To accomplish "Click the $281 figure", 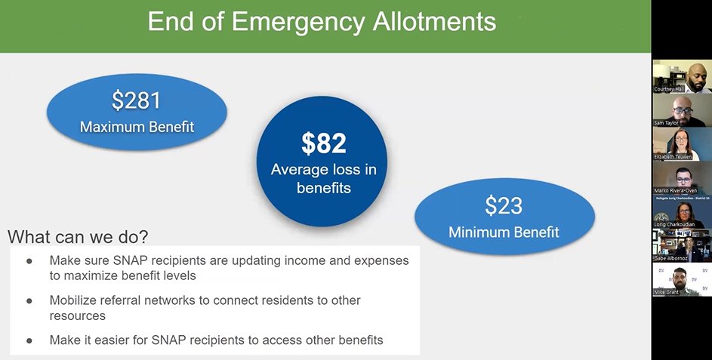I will coord(137,100).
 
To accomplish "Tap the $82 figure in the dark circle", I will coord(323,143).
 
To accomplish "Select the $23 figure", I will coord(504,205).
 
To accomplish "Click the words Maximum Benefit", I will coord(137,126).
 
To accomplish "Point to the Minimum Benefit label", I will coord(504,231).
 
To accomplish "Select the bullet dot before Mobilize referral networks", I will coord(30,300).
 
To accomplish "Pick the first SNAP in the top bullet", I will coord(125,260).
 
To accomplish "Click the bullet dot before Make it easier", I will coord(30,340).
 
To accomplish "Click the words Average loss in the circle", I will coord(323,170).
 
